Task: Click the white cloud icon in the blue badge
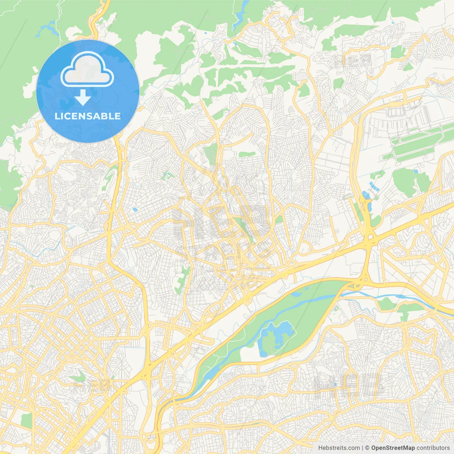click(87, 71)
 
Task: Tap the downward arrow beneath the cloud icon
click(83, 98)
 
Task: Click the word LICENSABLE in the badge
click(88, 116)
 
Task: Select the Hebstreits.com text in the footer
click(339, 448)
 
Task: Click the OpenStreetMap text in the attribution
click(393, 448)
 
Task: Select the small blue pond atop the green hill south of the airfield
click(416, 172)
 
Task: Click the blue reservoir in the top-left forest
click(48, 28)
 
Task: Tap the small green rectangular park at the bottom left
click(26, 420)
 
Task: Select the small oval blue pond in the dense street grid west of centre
click(135, 210)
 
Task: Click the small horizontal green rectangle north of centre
click(247, 154)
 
